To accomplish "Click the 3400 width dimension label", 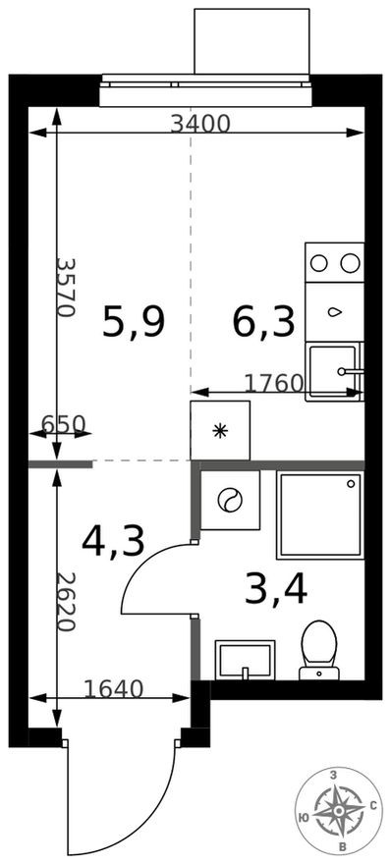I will (199, 124).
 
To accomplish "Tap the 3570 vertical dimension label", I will (66, 287).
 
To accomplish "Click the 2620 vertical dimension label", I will (66, 602).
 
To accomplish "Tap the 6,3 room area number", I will (263, 321).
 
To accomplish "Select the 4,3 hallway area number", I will (114, 540).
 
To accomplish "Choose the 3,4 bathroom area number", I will (276, 589).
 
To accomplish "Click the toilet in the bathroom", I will (317, 648).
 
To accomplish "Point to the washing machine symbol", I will (230, 500).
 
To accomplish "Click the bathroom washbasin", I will (244, 659).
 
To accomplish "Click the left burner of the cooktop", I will (319, 262).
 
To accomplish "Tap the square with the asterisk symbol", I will (220, 430).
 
